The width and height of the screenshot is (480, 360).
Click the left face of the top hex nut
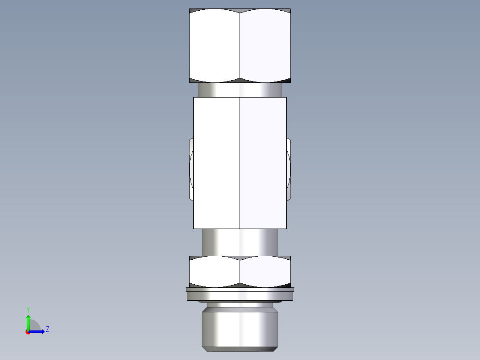click(x=215, y=45)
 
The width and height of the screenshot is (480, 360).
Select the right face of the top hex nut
click(x=265, y=45)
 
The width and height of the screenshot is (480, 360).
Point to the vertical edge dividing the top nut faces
click(x=240, y=45)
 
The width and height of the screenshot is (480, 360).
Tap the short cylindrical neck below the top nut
click(x=240, y=90)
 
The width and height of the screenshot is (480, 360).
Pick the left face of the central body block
click(x=216, y=163)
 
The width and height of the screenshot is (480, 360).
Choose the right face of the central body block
click(x=263, y=163)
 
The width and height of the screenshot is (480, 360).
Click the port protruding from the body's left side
click(x=191, y=169)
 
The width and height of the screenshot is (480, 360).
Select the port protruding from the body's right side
click(x=289, y=169)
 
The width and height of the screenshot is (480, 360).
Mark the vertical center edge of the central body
click(x=240, y=163)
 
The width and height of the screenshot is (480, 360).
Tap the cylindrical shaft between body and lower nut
click(x=240, y=242)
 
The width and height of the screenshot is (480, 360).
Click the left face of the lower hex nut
click(x=215, y=271)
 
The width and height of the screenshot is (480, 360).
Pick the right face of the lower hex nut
click(x=265, y=271)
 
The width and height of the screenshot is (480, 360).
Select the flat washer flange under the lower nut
click(x=240, y=295)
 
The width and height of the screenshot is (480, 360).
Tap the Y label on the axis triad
click(x=28, y=309)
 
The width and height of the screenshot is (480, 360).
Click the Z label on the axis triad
click(x=47, y=329)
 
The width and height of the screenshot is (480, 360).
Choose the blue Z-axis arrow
click(x=38, y=331)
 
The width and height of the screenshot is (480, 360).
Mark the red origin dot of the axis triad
click(x=28, y=332)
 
